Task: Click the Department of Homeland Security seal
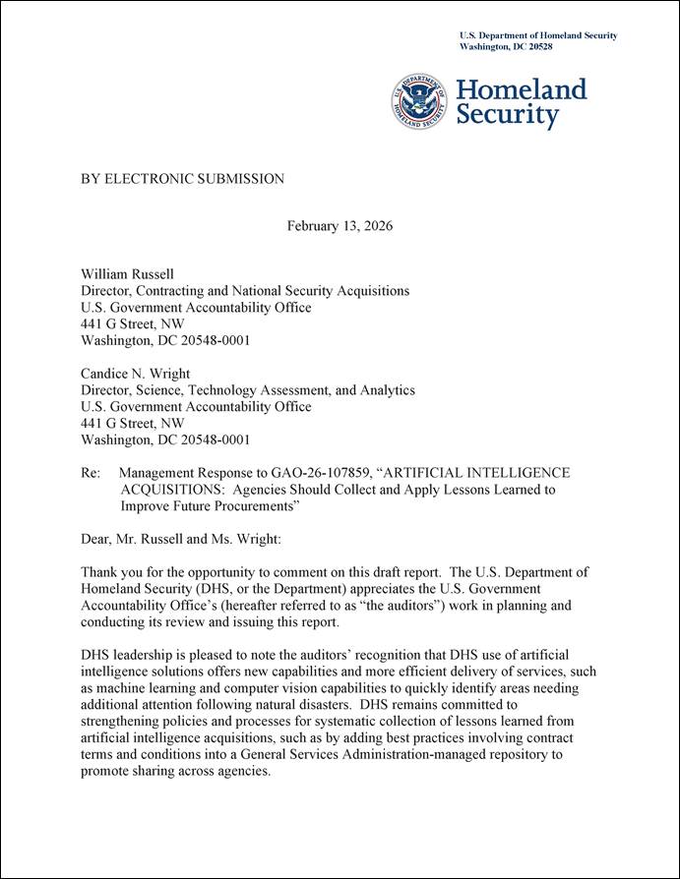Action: coord(421,101)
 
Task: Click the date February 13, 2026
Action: coord(340,226)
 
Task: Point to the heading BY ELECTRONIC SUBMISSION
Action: coord(182,179)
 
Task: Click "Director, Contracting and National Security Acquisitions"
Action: coord(244,291)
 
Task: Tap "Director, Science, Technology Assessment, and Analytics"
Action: coord(247,390)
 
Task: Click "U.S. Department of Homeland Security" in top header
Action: coord(538,35)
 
